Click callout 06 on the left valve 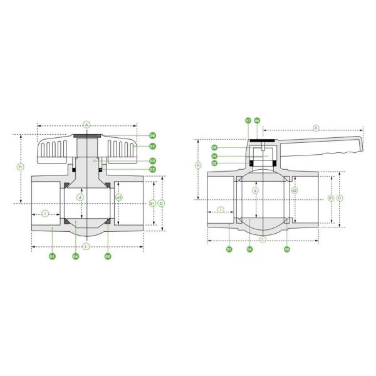click(x=152, y=135)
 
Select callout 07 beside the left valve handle click(x=152, y=146)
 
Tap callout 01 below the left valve click(x=53, y=256)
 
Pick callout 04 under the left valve click(x=75, y=256)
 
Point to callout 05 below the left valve click(x=108, y=256)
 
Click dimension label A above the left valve click(x=86, y=125)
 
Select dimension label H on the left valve click(x=20, y=167)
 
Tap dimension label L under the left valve click(x=86, y=246)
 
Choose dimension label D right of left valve click(x=161, y=204)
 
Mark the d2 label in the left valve click(x=118, y=198)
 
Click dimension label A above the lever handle click(x=315, y=128)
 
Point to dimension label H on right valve click(x=199, y=165)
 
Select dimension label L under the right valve click(x=263, y=239)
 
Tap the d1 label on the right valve click(x=330, y=198)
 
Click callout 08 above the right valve click(x=257, y=120)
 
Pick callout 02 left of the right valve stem click(x=214, y=163)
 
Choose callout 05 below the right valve click(x=287, y=249)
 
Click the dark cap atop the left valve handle click(x=86, y=137)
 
